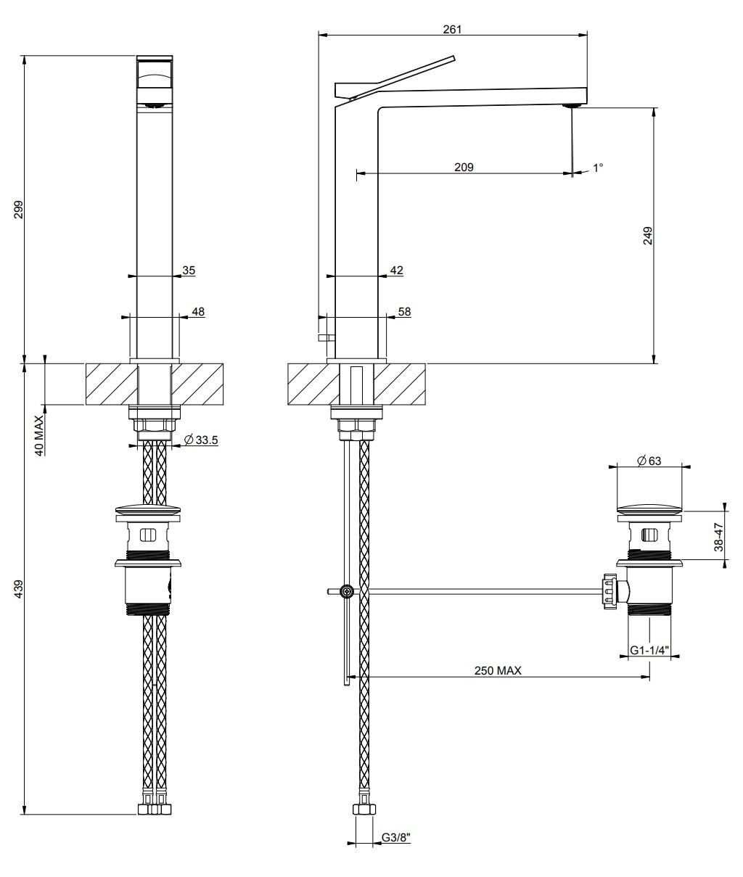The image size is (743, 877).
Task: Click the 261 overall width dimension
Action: [452, 29]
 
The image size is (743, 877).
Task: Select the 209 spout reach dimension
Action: [464, 167]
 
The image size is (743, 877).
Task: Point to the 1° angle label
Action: [598, 168]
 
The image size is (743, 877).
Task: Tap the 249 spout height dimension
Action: [648, 236]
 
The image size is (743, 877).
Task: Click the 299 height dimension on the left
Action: [19, 210]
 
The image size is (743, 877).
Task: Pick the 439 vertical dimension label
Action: [19, 588]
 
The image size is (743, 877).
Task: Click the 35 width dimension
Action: [189, 270]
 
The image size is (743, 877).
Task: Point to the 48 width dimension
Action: [198, 311]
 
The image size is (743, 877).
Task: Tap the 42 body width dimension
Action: [396, 270]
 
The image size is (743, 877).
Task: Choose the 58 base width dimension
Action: [404, 311]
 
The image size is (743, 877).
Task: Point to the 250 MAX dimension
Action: [498, 671]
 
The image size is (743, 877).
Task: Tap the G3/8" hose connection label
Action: [396, 838]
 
